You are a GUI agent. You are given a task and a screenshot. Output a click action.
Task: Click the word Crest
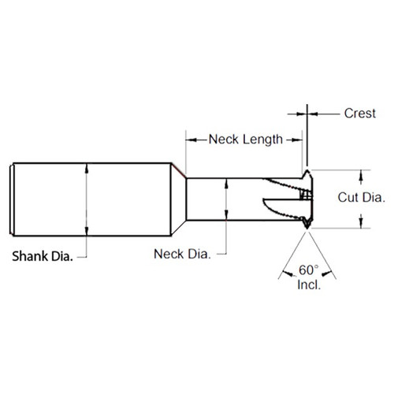[x=360, y=113]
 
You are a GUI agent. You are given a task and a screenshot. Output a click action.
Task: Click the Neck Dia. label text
[x=182, y=254]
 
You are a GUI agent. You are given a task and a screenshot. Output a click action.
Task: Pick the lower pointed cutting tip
[x=306, y=227]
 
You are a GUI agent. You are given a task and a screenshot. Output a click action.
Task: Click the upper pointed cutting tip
[x=306, y=170]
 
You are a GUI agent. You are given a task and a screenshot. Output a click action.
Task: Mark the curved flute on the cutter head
[x=280, y=206]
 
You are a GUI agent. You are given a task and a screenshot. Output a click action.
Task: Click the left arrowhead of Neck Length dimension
[x=189, y=140]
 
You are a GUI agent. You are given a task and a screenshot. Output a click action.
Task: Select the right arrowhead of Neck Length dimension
[x=300, y=140]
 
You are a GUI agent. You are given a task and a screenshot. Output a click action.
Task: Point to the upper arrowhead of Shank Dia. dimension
[x=87, y=166]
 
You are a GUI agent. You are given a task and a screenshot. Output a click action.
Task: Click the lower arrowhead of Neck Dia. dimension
[x=226, y=215]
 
